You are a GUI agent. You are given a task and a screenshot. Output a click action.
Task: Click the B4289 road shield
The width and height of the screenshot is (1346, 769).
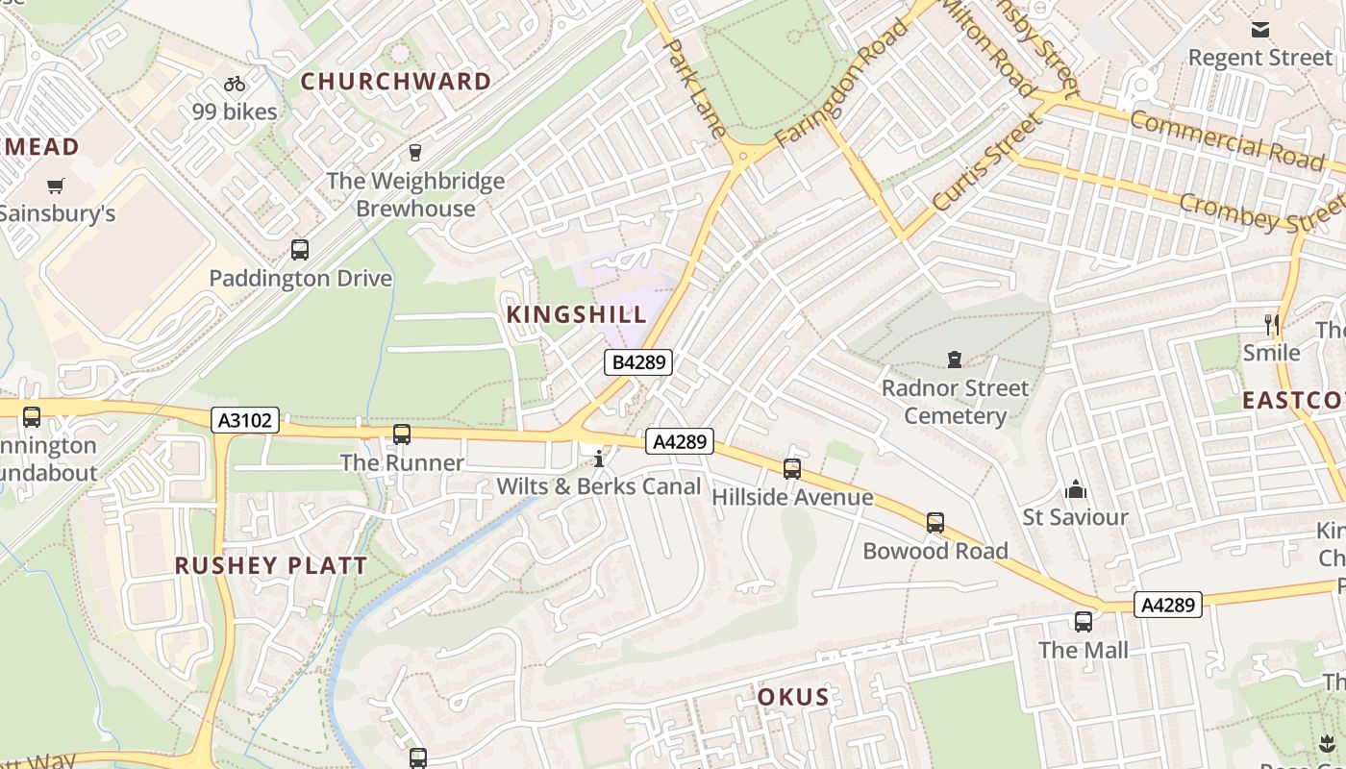click(637, 362)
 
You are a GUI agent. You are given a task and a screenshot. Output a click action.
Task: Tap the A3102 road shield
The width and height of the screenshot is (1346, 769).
click(245, 420)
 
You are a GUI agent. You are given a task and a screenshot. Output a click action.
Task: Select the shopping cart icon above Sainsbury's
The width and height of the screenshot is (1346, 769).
click(56, 186)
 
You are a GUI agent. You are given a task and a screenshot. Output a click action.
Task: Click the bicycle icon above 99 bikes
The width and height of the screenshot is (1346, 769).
click(234, 85)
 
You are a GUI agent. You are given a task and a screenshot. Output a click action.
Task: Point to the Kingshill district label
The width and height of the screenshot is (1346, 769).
click(577, 314)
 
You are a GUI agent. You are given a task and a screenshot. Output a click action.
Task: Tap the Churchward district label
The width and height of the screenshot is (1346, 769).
click(396, 82)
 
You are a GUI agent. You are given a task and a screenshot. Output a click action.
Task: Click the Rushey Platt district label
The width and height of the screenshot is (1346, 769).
click(271, 565)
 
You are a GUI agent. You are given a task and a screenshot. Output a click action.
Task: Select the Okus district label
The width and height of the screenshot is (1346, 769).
click(793, 697)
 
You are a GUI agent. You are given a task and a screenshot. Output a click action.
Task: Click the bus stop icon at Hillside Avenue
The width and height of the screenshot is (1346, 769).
click(792, 468)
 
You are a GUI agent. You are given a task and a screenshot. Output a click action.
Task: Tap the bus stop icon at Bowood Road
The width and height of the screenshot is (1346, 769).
click(935, 523)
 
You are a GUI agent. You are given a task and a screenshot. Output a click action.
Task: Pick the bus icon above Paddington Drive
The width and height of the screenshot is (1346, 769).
click(300, 250)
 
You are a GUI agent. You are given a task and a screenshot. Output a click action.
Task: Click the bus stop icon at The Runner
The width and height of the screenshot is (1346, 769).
click(402, 434)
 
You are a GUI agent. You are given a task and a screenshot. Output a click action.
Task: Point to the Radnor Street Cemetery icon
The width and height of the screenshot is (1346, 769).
click(955, 360)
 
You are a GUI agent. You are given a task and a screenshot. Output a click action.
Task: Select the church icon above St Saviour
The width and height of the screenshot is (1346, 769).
click(1075, 490)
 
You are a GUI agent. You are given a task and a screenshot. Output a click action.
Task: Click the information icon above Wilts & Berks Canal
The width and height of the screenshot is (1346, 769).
click(599, 459)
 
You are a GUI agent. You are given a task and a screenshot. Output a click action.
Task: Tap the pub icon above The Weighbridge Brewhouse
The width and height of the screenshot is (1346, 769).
click(415, 153)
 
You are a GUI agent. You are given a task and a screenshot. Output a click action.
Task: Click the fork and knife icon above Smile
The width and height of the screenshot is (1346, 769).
click(1272, 325)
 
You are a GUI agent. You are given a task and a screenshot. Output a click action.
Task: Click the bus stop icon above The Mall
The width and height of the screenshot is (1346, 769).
click(1084, 622)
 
